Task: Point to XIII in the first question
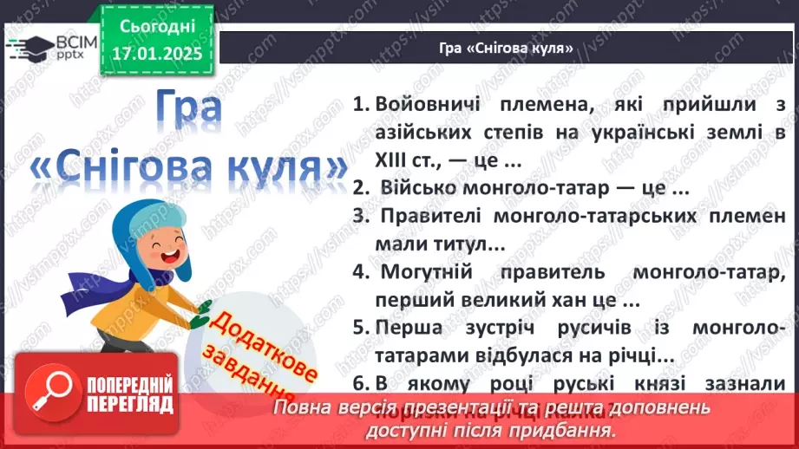click(x=395, y=160)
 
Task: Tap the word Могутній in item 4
click(x=425, y=273)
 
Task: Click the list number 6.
click(x=358, y=384)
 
